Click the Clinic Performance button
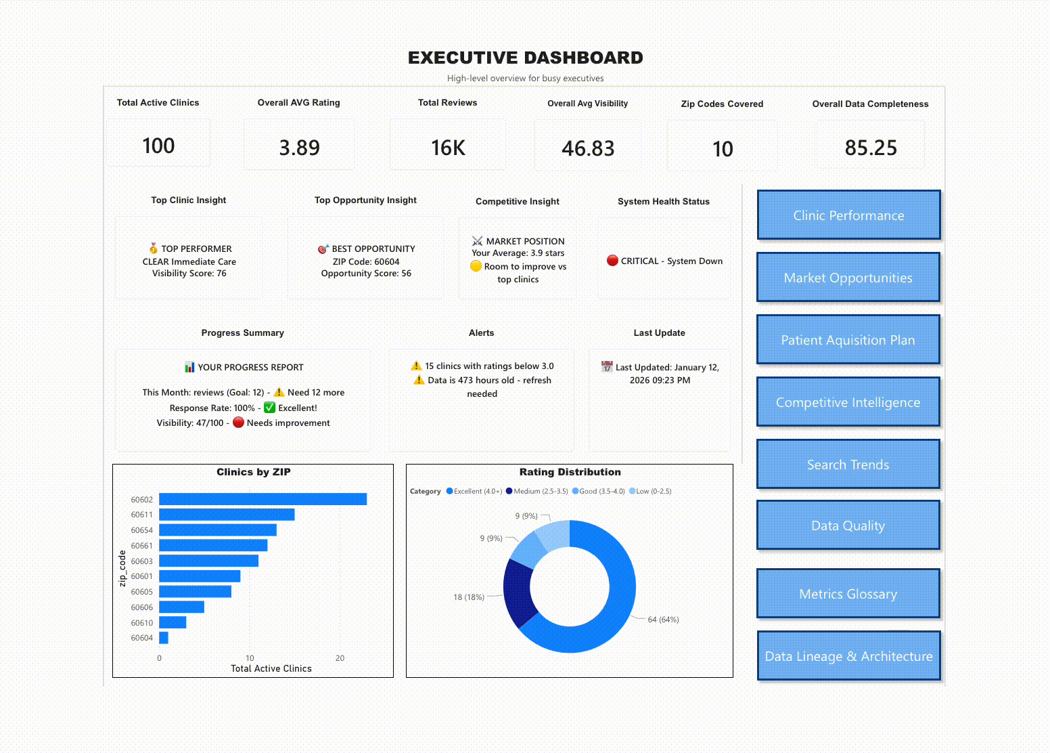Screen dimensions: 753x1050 coord(848,215)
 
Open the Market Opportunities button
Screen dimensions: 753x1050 coord(848,278)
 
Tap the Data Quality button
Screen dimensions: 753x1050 coord(848,525)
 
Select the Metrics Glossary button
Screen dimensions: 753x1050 coord(848,594)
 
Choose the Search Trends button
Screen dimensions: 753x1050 coord(848,465)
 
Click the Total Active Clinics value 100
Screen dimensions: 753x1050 coord(158,146)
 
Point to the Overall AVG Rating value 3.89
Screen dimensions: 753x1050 coord(299,148)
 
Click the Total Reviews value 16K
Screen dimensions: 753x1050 coord(448,148)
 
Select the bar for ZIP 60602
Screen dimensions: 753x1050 coord(262,499)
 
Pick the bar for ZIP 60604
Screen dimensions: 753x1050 coord(164,638)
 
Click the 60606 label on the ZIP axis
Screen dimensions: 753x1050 coord(142,607)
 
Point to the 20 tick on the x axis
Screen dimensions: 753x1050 coord(340,658)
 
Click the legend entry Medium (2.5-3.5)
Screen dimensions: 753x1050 coord(540,492)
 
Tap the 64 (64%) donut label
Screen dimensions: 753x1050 coord(663,620)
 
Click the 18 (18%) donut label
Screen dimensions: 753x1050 coord(469,597)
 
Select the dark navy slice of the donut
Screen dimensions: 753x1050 coord(519,593)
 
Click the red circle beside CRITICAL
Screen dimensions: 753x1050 coord(612,261)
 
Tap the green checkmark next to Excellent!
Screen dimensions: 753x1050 coord(269,408)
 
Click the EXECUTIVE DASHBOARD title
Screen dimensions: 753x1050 coord(525,58)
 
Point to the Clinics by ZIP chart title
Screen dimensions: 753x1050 coord(253,472)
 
